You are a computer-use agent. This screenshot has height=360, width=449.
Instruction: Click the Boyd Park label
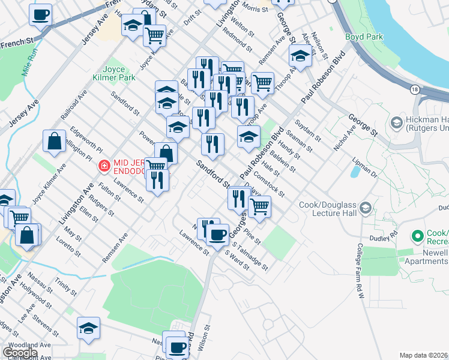click(x=364, y=37)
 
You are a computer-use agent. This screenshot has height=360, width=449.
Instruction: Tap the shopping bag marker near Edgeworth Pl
click(x=54, y=141)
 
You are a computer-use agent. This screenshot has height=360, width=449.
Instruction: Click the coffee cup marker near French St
click(x=40, y=14)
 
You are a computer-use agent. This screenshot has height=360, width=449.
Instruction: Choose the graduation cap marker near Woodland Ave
click(x=88, y=328)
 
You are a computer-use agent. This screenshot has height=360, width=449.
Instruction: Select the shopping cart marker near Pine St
click(x=259, y=206)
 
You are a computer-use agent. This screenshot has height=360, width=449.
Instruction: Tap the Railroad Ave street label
click(x=74, y=104)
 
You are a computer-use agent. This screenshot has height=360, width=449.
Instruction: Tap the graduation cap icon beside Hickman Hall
click(x=396, y=123)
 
